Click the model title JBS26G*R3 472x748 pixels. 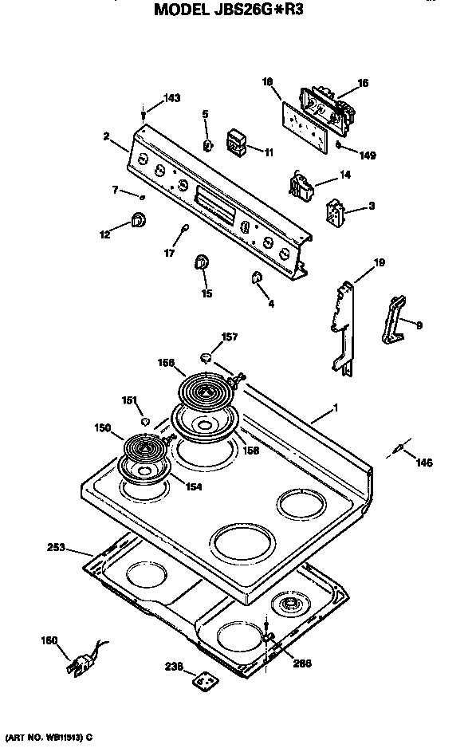tap(229, 10)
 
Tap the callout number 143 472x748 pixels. tap(171, 98)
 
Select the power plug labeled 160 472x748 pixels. tap(82, 660)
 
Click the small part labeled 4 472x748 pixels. tap(257, 277)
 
